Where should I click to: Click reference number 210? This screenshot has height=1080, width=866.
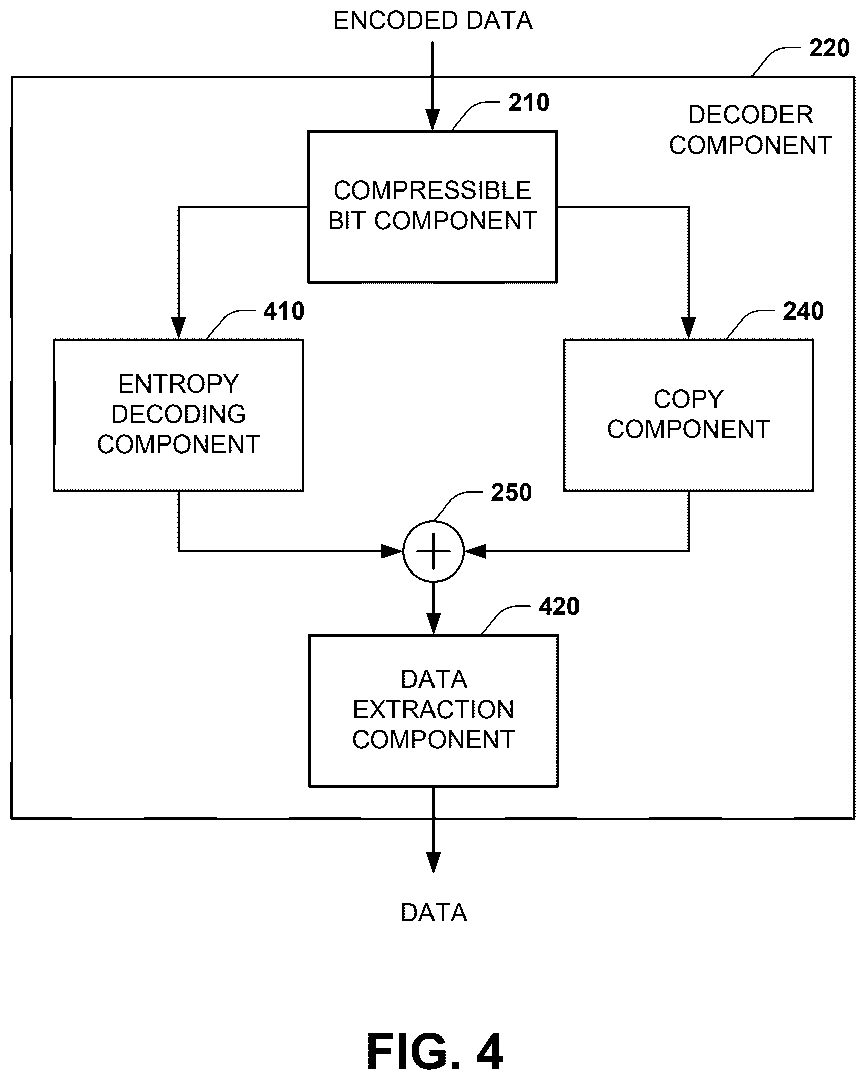tap(529, 102)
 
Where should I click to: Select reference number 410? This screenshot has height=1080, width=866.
tap(284, 311)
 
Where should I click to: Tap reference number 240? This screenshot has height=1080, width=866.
tap(804, 311)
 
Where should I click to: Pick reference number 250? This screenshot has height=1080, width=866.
tap(512, 492)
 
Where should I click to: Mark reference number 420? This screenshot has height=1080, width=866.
tap(559, 606)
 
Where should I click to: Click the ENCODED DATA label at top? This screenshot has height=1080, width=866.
tap(433, 21)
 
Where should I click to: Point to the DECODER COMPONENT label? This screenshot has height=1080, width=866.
tap(750, 130)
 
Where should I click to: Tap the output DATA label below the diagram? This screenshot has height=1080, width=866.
tap(434, 913)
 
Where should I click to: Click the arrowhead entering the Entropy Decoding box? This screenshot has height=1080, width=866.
tap(179, 329)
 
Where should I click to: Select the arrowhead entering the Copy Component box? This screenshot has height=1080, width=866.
tap(688, 329)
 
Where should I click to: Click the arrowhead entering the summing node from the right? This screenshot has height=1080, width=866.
tap(475, 551)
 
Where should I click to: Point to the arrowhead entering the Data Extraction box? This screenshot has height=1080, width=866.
tap(434, 624)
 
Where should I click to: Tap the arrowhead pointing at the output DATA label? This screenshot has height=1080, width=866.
tap(434, 863)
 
